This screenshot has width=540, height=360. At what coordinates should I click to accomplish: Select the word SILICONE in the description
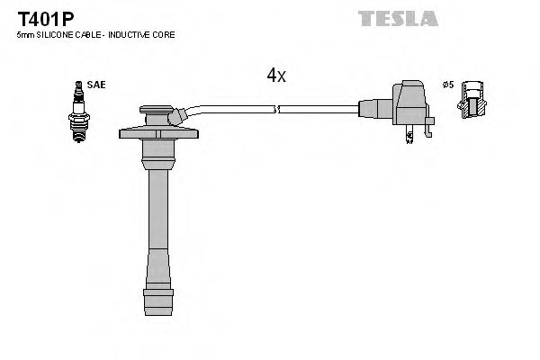[x=52, y=35]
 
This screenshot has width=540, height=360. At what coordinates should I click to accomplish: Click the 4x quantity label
[x=275, y=76]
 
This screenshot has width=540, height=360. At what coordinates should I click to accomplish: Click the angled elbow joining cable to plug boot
[x=180, y=114]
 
